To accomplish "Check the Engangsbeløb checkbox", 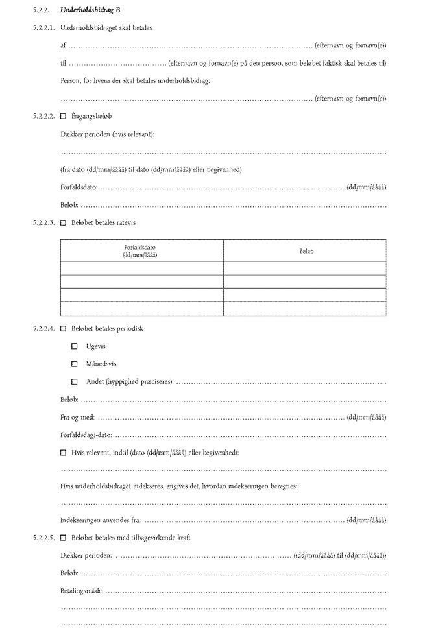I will tap(63, 117).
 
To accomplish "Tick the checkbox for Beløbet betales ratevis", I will tap(63, 223).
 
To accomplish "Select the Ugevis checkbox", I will tap(75, 346).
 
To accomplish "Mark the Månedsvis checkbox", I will tap(75, 364).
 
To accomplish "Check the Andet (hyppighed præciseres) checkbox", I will tap(75, 381).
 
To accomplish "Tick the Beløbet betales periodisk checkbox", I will tap(63, 329).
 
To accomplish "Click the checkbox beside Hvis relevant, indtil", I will tap(63, 452).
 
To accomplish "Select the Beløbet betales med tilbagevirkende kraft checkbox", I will tap(63, 538).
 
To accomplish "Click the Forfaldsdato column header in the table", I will tap(141, 250).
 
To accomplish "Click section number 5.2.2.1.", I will tap(44, 29).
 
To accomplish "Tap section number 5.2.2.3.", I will tap(44, 223).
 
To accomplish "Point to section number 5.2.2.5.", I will tap(44, 538).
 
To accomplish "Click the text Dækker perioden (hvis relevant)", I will tap(107, 135).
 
